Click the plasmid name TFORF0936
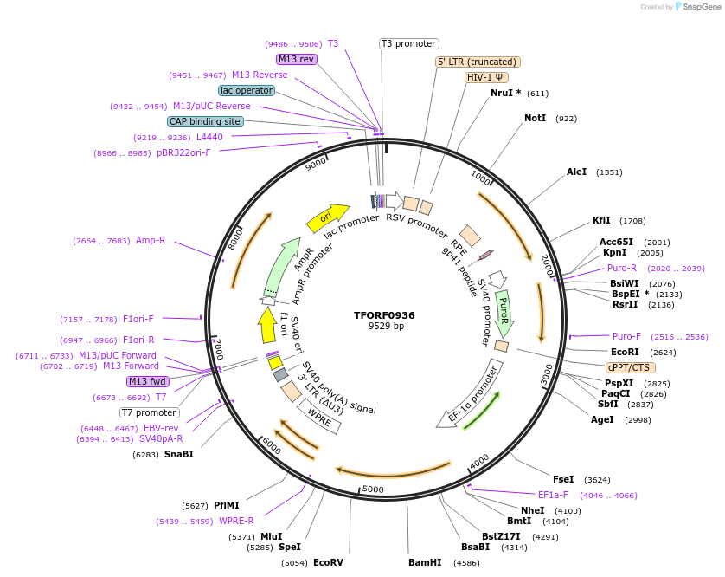click(x=384, y=315)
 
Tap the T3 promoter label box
click(x=409, y=43)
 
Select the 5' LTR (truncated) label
click(x=477, y=62)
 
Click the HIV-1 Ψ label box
click(x=485, y=77)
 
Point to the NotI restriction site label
click(x=535, y=118)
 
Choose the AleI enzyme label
click(x=576, y=172)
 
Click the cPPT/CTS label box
click(x=628, y=367)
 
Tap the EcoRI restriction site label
click(x=625, y=353)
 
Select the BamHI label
click(x=425, y=562)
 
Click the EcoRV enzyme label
click(x=328, y=562)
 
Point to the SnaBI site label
click(x=179, y=454)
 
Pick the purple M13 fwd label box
click(x=147, y=381)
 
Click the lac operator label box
click(x=247, y=90)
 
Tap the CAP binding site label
click(x=205, y=122)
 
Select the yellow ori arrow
click(x=327, y=217)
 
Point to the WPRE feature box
click(x=319, y=418)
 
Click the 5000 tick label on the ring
click(x=373, y=489)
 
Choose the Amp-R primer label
click(x=151, y=240)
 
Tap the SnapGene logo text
click(x=701, y=7)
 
